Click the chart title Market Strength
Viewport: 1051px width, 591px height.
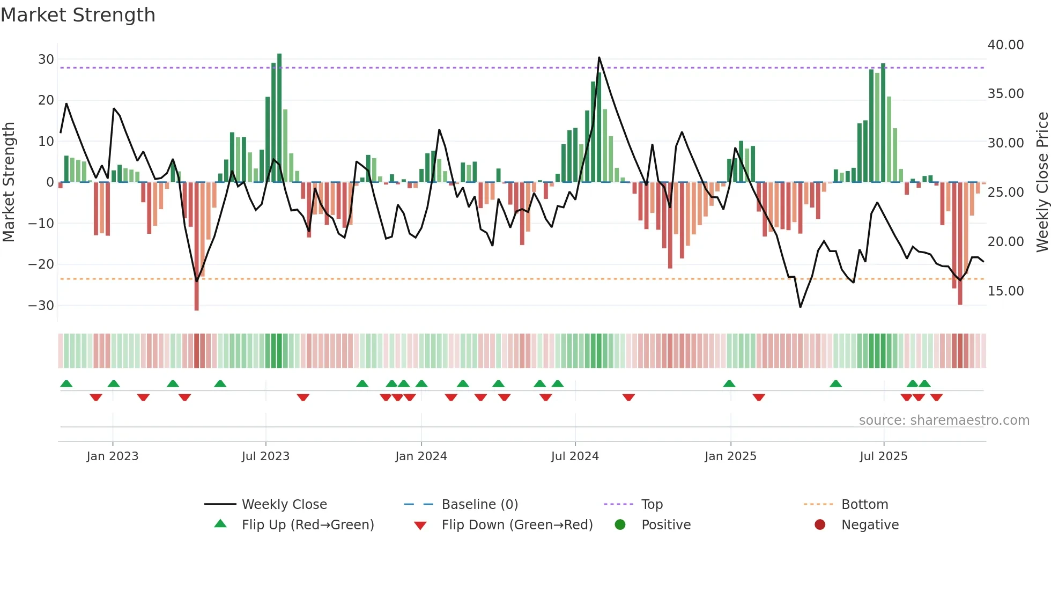[78, 15]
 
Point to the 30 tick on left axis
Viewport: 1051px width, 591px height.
[46, 60]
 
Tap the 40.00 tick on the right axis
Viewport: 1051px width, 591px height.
[1005, 45]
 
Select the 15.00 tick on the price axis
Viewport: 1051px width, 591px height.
[1005, 291]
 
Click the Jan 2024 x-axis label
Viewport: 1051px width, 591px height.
[421, 456]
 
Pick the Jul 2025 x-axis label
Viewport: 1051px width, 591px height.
[883, 456]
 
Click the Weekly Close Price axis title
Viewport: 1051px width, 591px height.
[1042, 182]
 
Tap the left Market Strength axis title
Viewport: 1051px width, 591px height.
[9, 182]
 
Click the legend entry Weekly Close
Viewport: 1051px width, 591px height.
[284, 505]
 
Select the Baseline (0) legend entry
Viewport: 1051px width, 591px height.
[479, 505]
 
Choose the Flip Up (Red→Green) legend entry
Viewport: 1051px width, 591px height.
[307, 525]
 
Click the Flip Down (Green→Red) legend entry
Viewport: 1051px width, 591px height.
[517, 525]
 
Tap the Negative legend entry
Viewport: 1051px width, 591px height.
[870, 525]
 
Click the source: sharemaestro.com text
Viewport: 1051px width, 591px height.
[944, 420]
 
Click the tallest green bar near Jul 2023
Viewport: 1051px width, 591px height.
[279, 118]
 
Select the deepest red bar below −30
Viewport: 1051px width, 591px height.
[197, 247]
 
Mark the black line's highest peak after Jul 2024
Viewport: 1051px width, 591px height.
[599, 58]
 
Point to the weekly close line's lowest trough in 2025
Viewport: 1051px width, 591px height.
[800, 307]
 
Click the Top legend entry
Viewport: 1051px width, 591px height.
[652, 505]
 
